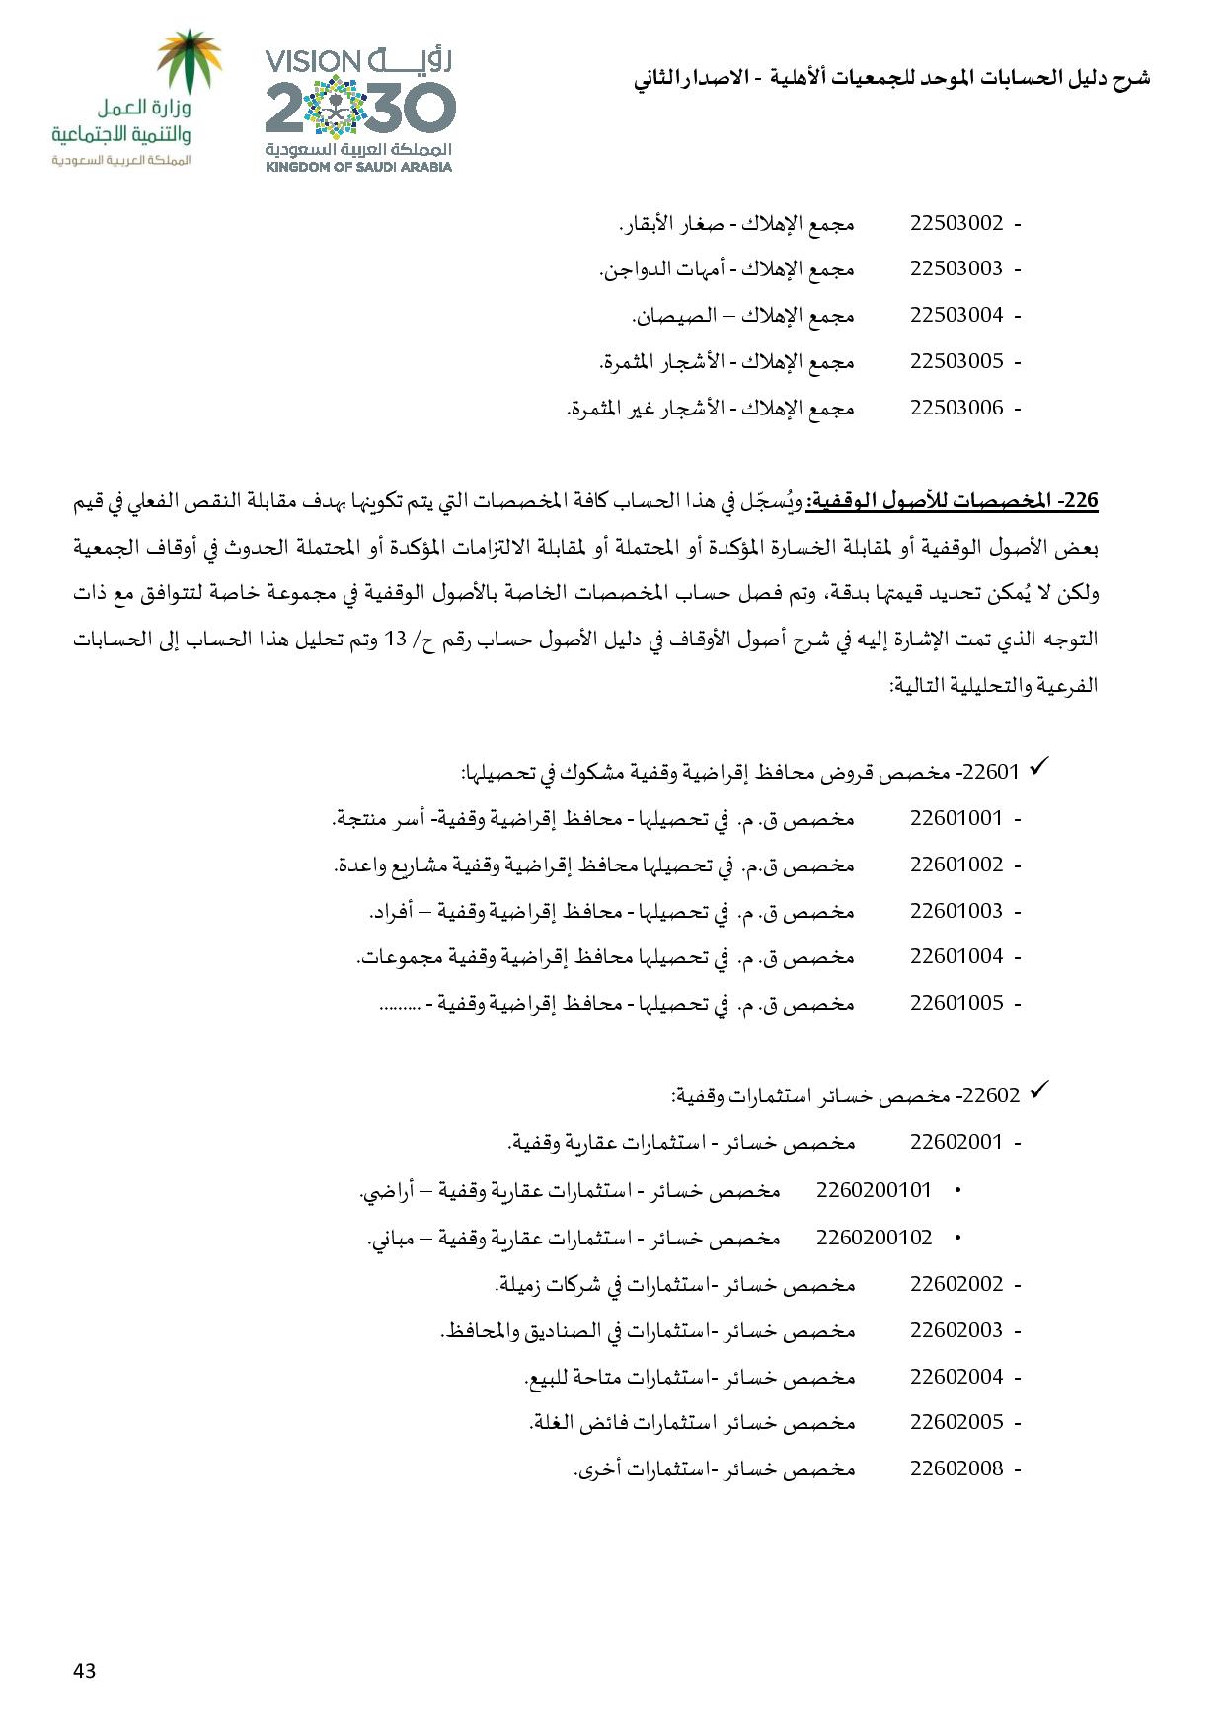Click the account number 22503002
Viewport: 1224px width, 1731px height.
click(956, 223)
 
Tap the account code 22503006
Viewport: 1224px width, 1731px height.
click(956, 408)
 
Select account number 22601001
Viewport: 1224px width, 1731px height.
click(956, 818)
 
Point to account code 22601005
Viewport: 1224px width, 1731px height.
click(956, 1003)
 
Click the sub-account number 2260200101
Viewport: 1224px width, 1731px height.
click(874, 1190)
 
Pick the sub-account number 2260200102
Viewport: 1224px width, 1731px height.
click(874, 1238)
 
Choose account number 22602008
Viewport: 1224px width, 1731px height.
click(956, 1468)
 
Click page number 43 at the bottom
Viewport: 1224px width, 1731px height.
click(84, 1671)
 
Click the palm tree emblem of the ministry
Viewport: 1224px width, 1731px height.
click(191, 62)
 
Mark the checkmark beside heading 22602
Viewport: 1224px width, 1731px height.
click(1037, 1091)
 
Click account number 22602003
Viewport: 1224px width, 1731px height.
click(956, 1330)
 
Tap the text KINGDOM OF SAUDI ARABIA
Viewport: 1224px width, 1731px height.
click(359, 167)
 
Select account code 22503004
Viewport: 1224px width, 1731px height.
click(956, 315)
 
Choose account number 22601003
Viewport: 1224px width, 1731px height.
click(956, 911)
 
